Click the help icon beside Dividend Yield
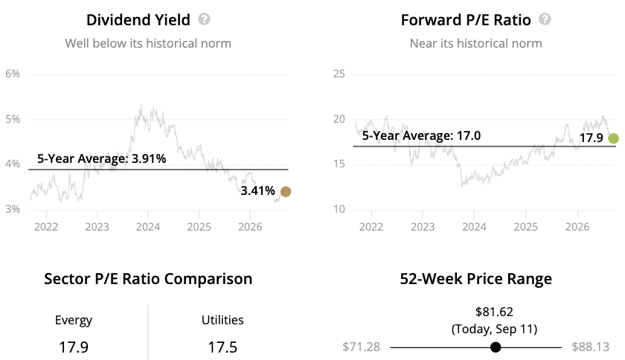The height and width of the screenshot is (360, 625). (x=204, y=19)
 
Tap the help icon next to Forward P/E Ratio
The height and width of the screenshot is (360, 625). (x=545, y=19)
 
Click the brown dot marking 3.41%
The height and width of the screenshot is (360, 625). (x=286, y=192)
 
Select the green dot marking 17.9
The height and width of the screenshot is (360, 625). (x=613, y=138)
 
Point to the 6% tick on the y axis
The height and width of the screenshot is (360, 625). (x=13, y=74)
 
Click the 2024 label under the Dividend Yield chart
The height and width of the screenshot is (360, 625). (x=148, y=227)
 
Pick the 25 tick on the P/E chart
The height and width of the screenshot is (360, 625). (x=339, y=74)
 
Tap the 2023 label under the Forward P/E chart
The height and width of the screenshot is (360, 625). (x=423, y=227)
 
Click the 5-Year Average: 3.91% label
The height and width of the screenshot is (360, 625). (x=102, y=158)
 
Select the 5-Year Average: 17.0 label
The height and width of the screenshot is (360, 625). (x=421, y=136)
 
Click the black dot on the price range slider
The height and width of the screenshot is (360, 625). (x=496, y=347)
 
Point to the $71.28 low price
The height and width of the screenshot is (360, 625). (x=361, y=347)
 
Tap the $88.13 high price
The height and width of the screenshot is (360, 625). (x=590, y=347)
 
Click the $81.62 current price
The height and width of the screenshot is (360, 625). (x=494, y=312)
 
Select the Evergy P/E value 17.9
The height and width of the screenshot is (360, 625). (x=74, y=347)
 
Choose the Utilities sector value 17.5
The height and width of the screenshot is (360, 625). (x=222, y=347)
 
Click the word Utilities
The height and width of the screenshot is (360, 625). (x=222, y=320)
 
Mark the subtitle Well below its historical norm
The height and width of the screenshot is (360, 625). (x=148, y=43)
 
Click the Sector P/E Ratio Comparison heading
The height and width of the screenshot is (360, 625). (x=148, y=279)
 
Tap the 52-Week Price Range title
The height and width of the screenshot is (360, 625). (x=476, y=279)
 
